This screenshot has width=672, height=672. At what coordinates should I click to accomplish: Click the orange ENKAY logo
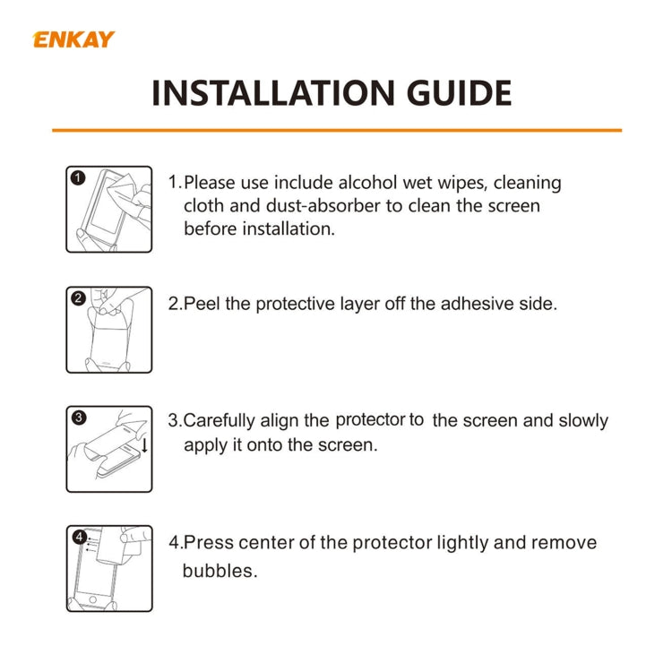click(x=73, y=39)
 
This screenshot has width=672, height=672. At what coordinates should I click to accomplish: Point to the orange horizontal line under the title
click(x=336, y=131)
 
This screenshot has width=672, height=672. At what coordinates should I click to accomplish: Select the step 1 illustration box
click(x=109, y=209)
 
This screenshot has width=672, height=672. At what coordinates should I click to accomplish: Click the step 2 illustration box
click(x=109, y=329)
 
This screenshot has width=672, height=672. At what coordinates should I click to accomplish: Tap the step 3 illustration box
click(x=109, y=448)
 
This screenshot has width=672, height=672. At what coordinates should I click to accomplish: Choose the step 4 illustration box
click(x=109, y=568)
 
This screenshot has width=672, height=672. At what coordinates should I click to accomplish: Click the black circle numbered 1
click(x=78, y=178)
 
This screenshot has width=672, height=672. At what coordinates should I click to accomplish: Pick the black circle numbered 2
click(x=78, y=298)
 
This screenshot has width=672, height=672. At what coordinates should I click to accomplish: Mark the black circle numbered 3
click(x=78, y=418)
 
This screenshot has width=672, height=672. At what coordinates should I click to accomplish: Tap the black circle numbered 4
click(x=79, y=538)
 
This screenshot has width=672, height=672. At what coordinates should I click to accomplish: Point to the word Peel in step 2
click(x=202, y=304)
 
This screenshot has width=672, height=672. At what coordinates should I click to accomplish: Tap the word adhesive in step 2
click(x=456, y=304)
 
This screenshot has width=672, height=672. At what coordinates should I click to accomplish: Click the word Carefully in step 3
click(x=220, y=421)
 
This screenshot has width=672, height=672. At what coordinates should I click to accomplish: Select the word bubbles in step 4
click(x=220, y=570)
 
